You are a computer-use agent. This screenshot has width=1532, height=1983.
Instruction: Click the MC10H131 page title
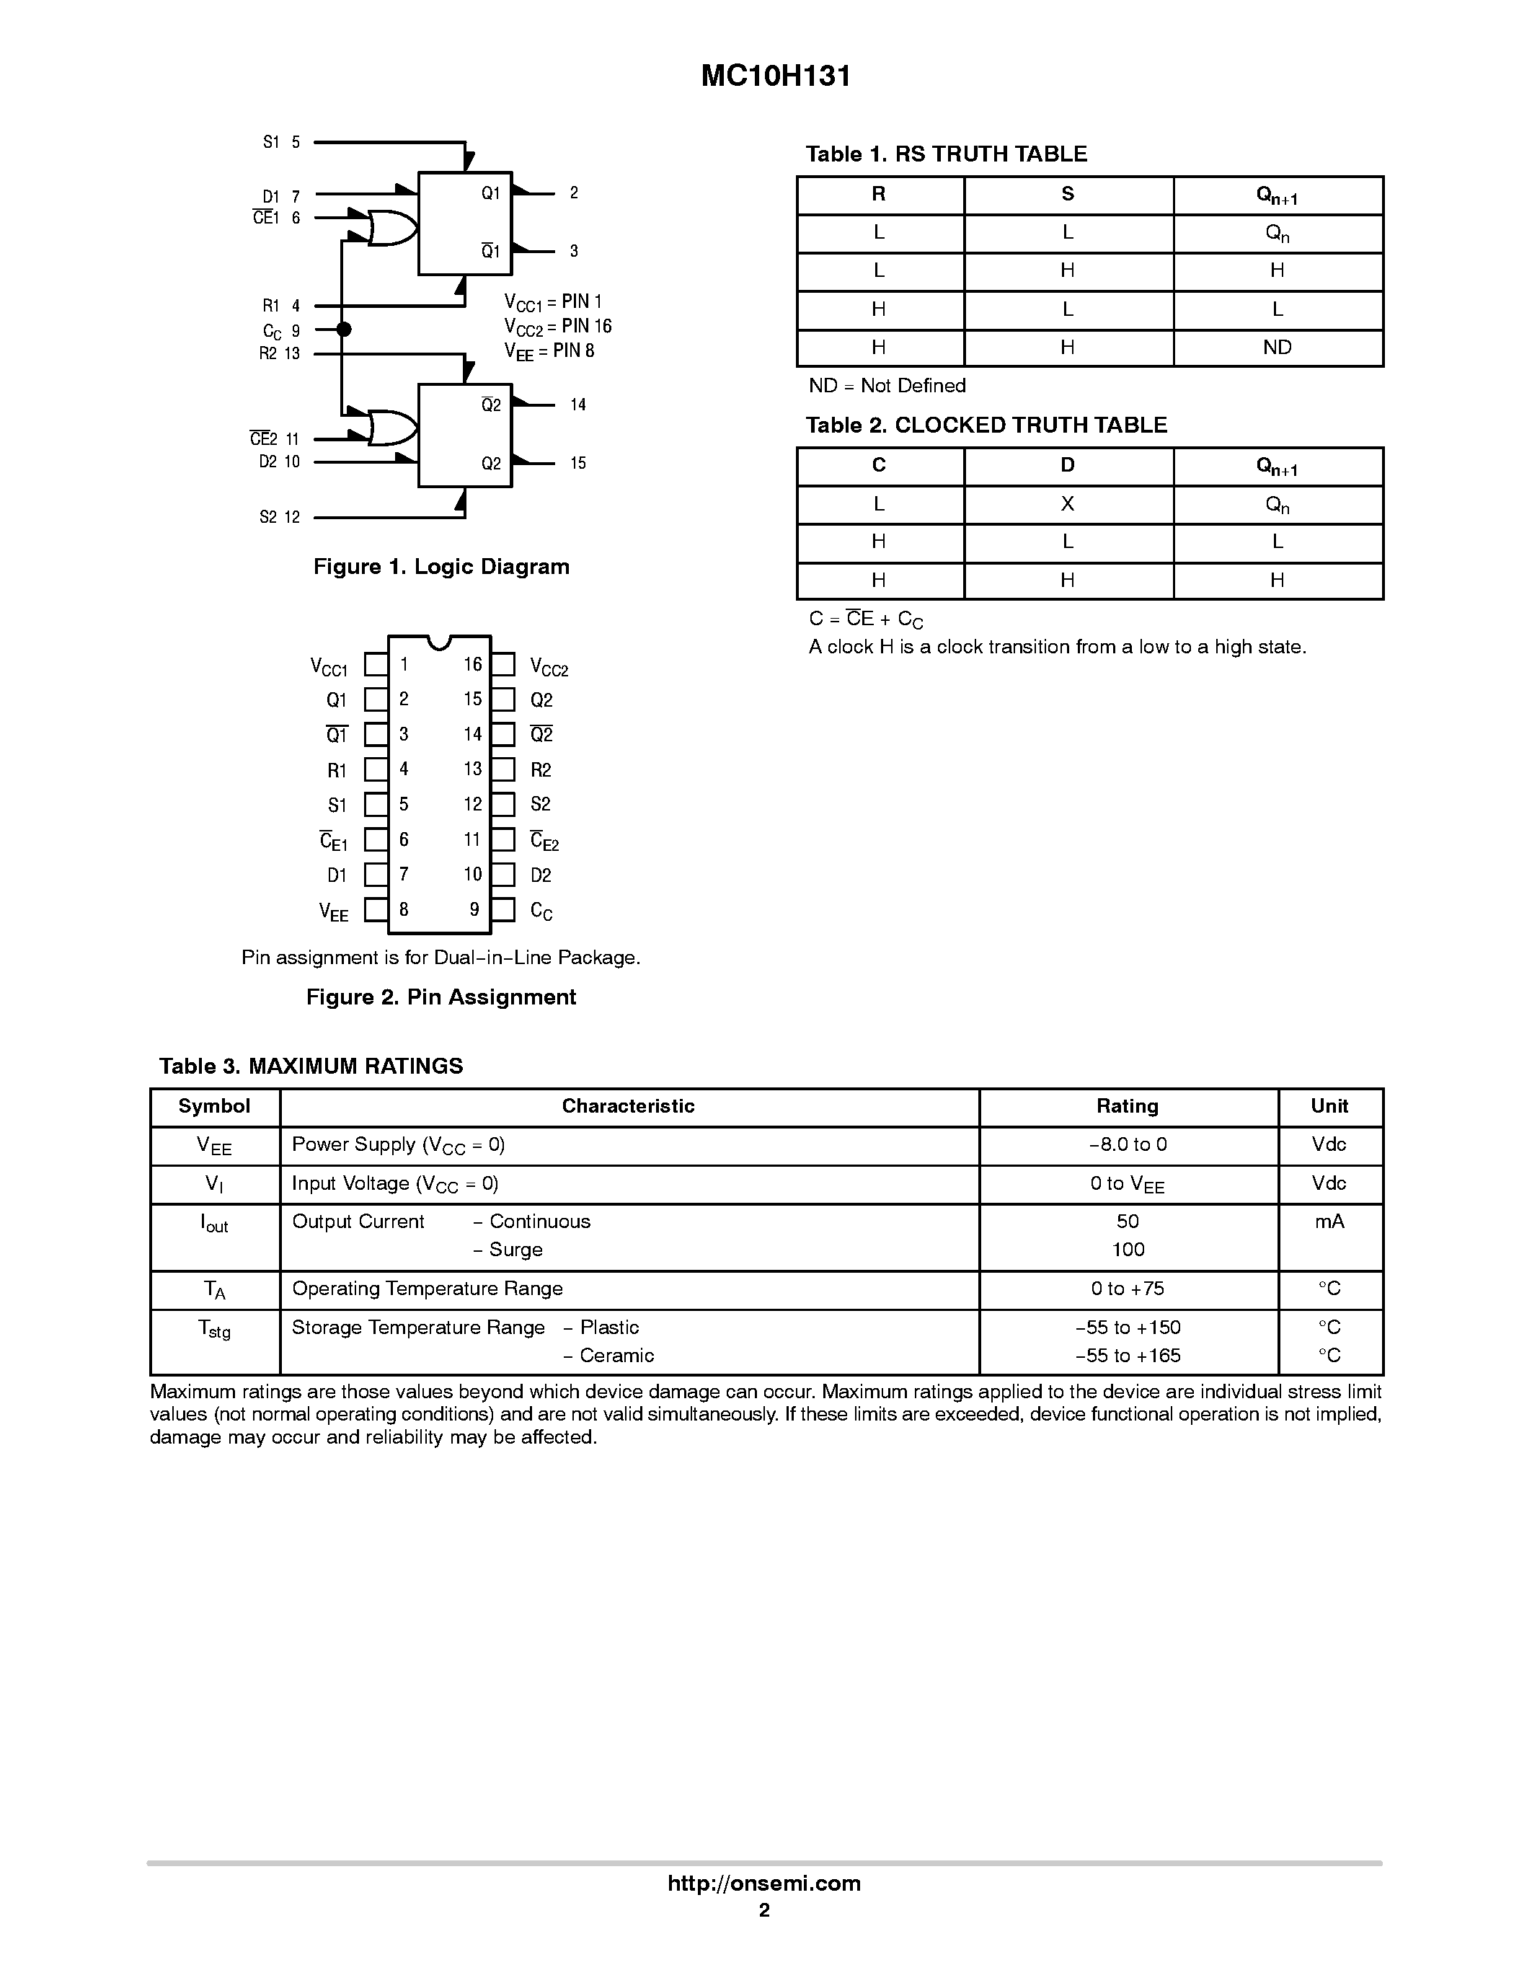coord(776,76)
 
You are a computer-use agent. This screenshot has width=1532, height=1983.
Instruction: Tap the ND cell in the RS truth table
coord(1277,348)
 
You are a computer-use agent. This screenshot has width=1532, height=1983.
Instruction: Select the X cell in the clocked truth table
coord(1067,504)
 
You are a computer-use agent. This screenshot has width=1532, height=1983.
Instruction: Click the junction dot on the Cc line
coord(343,330)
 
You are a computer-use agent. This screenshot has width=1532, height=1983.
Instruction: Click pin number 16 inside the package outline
coord(473,665)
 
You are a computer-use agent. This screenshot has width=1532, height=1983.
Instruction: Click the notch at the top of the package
coord(439,642)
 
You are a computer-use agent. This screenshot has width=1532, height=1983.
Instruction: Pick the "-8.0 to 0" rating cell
coord(1128,1145)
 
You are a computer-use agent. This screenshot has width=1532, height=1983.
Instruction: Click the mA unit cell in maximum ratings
coord(1329,1222)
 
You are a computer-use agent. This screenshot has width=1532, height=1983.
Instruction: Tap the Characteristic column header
coord(628,1106)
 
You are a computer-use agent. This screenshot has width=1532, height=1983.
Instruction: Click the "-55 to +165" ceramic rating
coord(1128,1356)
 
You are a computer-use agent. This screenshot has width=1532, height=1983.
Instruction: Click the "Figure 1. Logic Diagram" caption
coord(441,567)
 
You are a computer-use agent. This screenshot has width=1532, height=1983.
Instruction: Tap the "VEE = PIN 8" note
coord(550,351)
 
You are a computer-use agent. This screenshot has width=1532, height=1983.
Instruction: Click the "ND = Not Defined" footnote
coord(887,386)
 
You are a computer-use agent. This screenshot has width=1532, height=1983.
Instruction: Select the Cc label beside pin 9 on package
coord(541,911)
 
